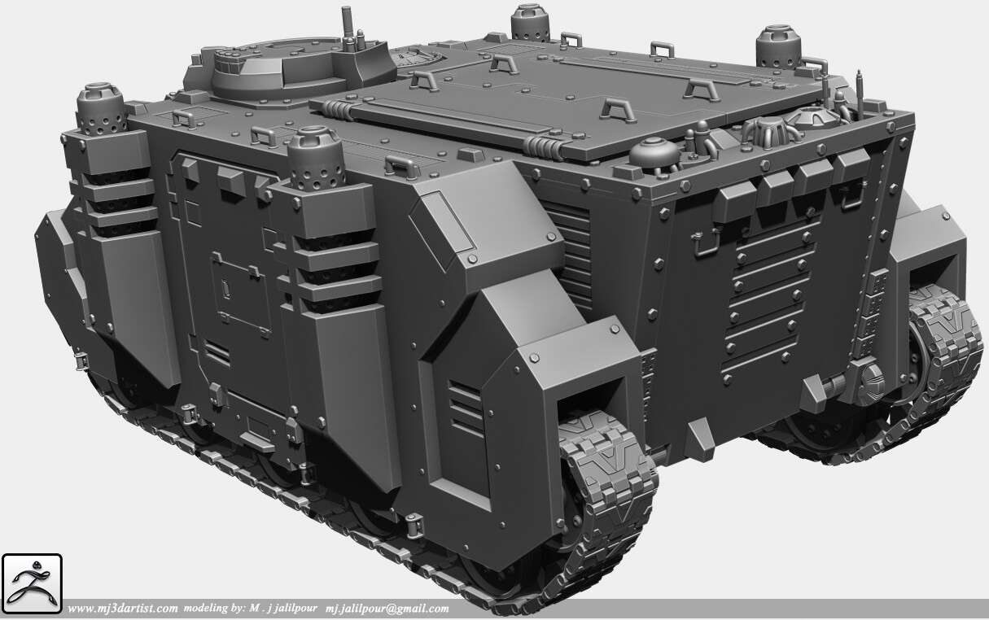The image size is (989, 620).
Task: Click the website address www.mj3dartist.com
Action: point(123,609)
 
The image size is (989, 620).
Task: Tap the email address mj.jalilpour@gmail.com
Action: point(387,609)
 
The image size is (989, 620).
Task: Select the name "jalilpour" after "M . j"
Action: point(296,609)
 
